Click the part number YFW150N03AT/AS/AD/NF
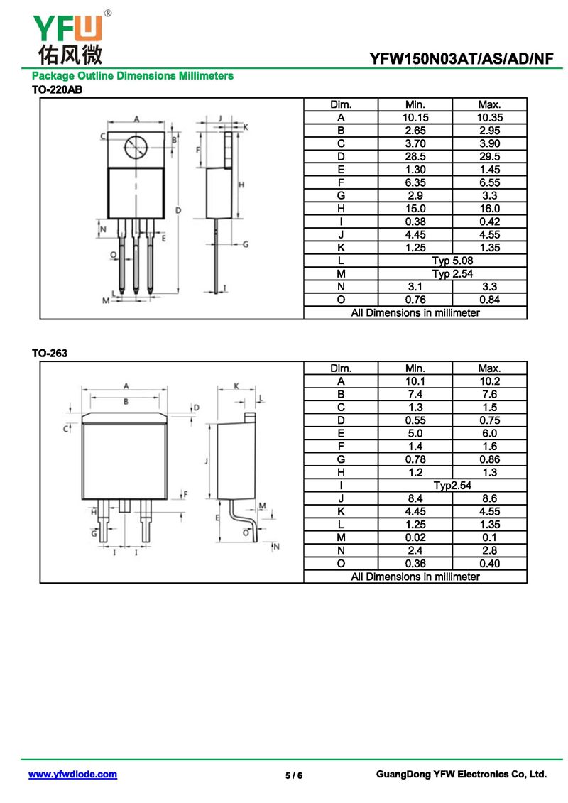click(x=461, y=59)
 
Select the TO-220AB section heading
click(x=57, y=89)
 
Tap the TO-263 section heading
click(x=49, y=353)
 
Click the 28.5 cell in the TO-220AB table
click(x=415, y=157)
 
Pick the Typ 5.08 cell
click(x=452, y=261)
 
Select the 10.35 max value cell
click(x=490, y=118)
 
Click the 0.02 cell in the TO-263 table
click(x=415, y=537)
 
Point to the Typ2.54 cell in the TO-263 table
click(x=452, y=486)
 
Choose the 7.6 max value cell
click(x=490, y=394)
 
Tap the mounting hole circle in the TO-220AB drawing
click(x=136, y=148)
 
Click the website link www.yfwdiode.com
click(x=72, y=775)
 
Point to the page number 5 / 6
click(x=294, y=775)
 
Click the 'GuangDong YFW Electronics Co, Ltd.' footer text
click(x=461, y=775)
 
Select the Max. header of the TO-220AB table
click(x=490, y=104)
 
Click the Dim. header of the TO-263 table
click(x=341, y=368)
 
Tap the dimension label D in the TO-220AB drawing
click(x=178, y=210)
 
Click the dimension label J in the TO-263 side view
click(x=207, y=461)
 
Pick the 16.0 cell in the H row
click(x=490, y=209)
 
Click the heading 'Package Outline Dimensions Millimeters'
click(x=133, y=76)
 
